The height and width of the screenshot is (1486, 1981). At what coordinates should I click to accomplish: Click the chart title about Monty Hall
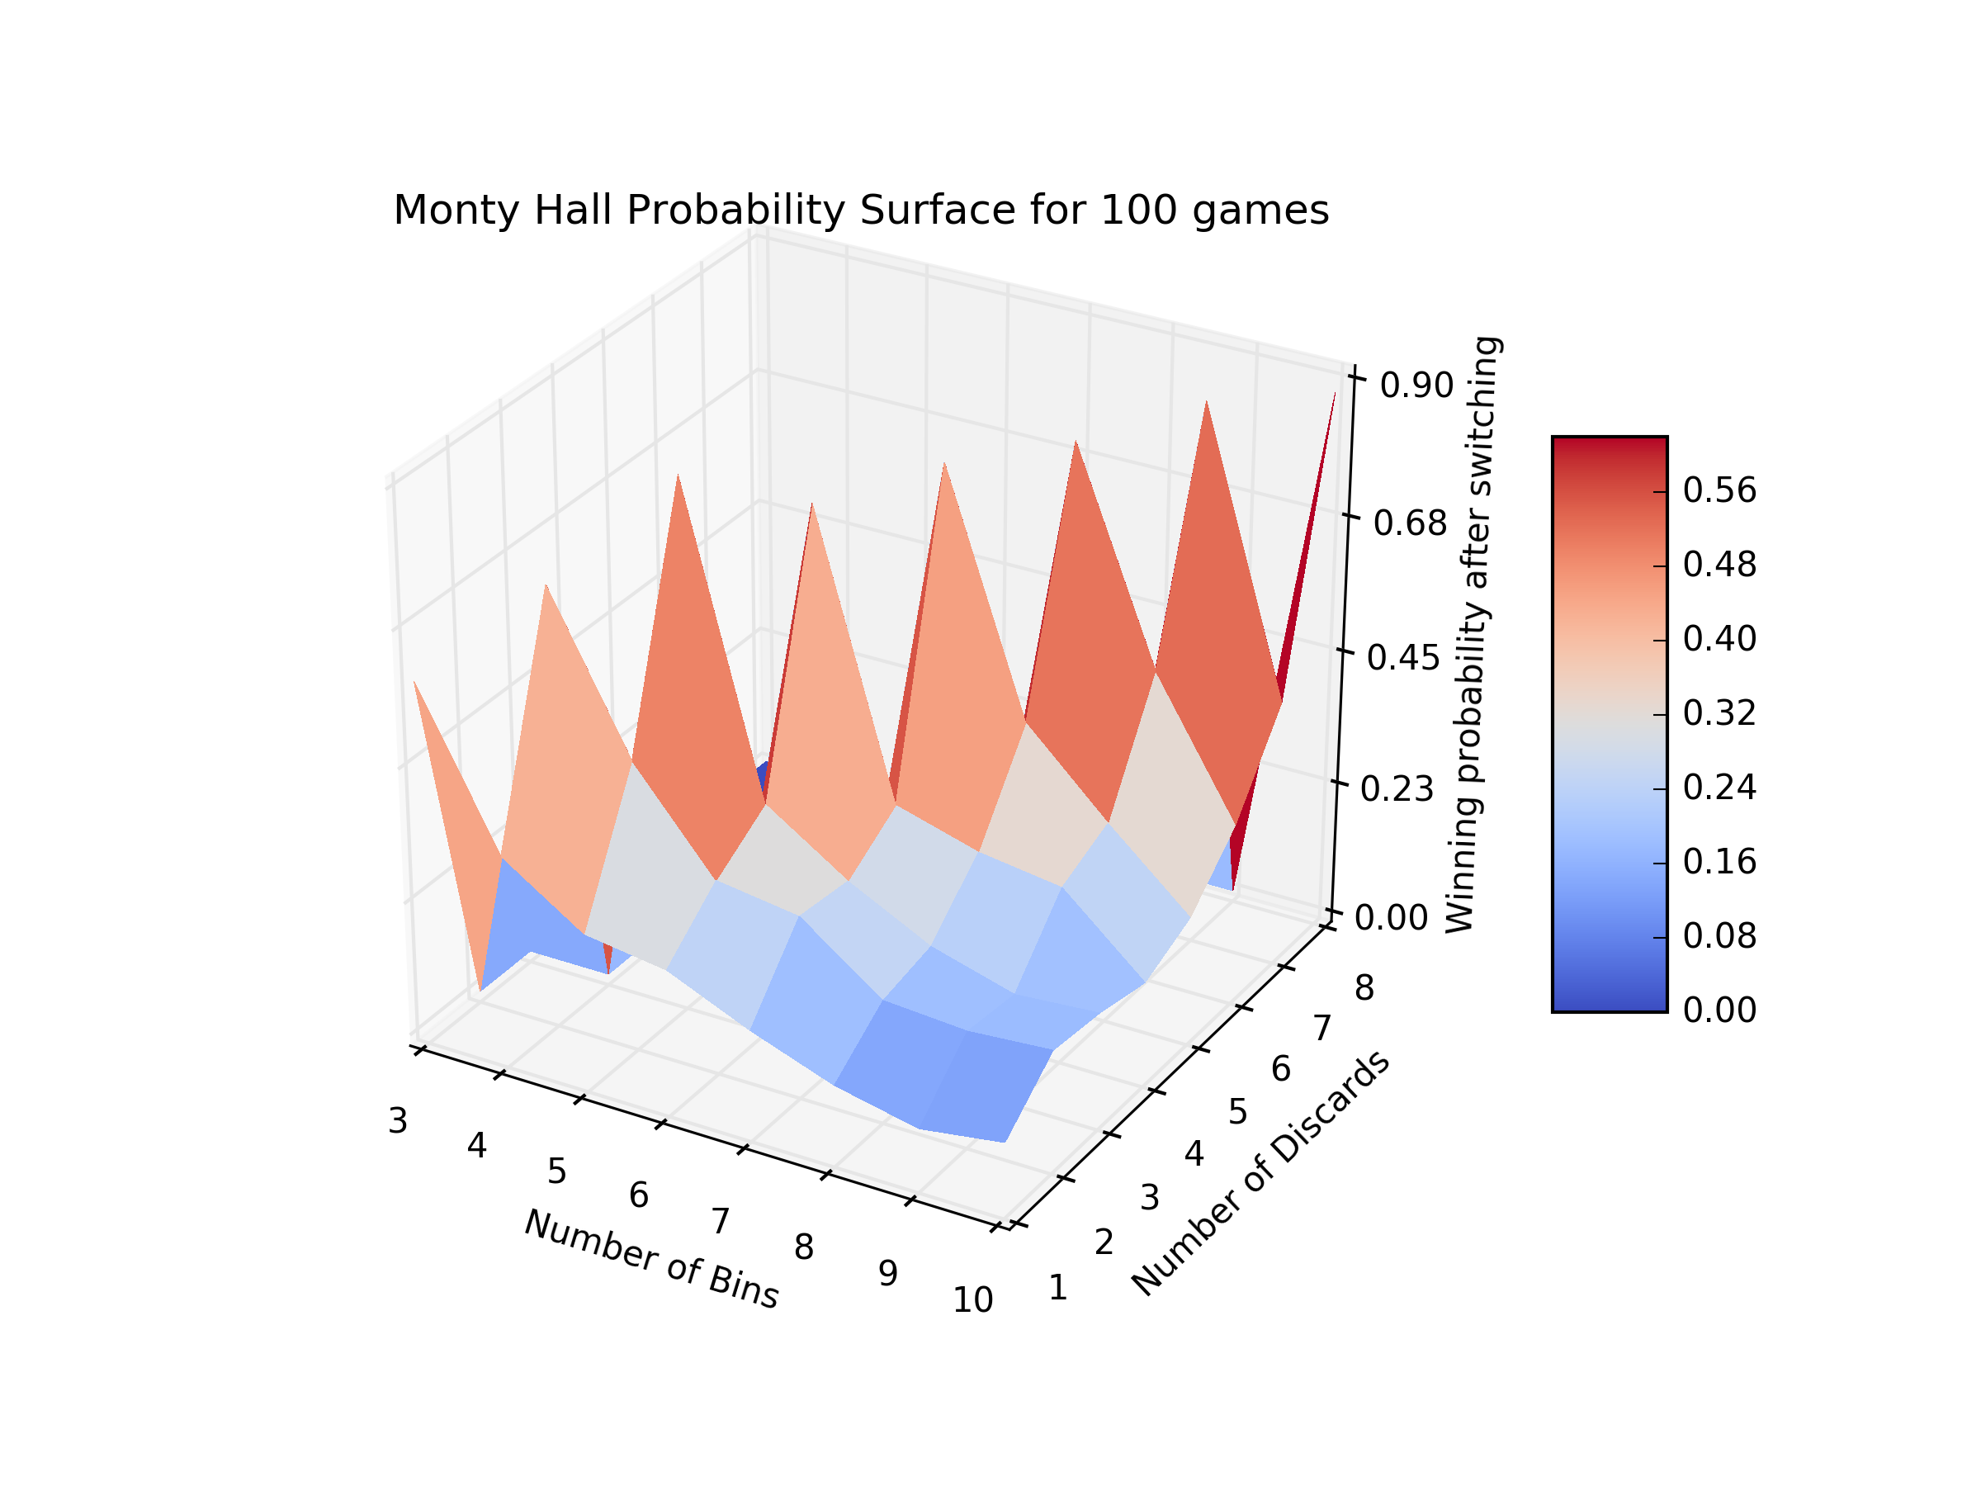point(861,211)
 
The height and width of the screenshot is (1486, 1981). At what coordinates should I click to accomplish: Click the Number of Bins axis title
point(651,1258)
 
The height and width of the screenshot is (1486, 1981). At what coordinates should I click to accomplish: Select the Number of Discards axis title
point(1260,1172)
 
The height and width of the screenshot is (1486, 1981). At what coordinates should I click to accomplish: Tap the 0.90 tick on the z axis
point(1416,386)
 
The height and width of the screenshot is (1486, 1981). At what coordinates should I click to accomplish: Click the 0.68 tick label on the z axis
point(1410,523)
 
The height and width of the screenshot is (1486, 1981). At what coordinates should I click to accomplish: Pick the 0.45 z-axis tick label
point(1403,658)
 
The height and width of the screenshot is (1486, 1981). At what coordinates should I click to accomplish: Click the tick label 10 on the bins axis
point(972,1300)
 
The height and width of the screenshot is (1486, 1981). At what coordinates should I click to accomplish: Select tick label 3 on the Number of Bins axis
point(399,1120)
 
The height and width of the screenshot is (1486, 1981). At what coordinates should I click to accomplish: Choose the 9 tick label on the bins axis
point(887,1274)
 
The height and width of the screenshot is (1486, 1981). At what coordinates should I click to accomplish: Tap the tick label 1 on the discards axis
point(1057,1288)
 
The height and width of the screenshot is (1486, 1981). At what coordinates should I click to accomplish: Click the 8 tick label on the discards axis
point(1364,988)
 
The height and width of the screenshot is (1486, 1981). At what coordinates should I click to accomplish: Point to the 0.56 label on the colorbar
point(1719,491)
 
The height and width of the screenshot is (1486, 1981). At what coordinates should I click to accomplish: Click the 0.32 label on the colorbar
point(1719,714)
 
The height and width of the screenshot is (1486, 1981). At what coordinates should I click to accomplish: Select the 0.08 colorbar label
point(1719,936)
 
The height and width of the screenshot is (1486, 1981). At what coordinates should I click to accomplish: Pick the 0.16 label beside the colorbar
point(1719,862)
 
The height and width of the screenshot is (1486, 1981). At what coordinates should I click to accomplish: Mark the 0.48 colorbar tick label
point(1719,566)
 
